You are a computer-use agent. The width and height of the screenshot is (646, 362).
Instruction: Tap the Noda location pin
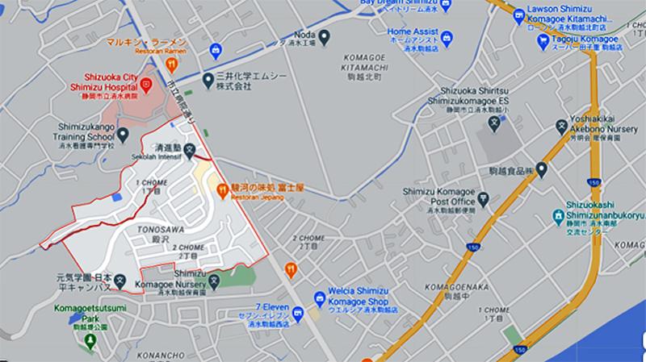point(323,36)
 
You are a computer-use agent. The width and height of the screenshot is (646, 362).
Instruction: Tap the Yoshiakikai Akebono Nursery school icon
point(561,125)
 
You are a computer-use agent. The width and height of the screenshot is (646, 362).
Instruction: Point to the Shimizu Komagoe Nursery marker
point(214,281)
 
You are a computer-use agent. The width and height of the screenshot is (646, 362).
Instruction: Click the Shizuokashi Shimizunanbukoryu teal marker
point(558,216)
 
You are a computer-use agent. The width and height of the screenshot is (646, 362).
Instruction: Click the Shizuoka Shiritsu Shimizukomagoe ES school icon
point(496,125)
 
